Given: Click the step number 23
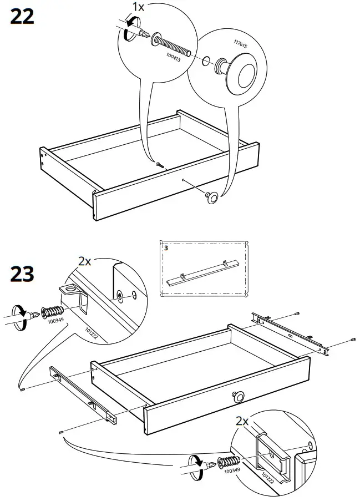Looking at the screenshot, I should [x=22, y=274].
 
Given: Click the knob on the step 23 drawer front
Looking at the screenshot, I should [x=238, y=396].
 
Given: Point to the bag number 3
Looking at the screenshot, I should [x=165, y=247].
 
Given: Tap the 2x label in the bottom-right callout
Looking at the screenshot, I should [x=242, y=422].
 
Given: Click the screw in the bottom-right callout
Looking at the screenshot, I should [x=228, y=462].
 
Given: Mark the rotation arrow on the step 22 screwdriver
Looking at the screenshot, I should [x=129, y=28].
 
